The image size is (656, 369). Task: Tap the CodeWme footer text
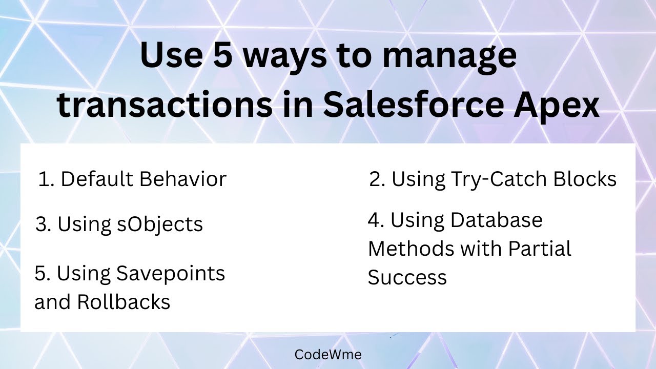[x=328, y=354]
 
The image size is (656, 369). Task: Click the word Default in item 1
[x=97, y=179]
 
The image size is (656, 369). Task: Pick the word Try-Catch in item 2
[x=496, y=179]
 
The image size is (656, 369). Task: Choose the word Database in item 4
[x=497, y=220]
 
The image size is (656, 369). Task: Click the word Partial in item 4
[x=540, y=249]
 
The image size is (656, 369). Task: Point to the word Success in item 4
[x=407, y=277]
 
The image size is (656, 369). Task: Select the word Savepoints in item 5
[x=171, y=273]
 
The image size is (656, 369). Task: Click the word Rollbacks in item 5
[x=124, y=302]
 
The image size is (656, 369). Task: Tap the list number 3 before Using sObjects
[x=43, y=224]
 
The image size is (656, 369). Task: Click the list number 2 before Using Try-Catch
[x=376, y=179]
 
